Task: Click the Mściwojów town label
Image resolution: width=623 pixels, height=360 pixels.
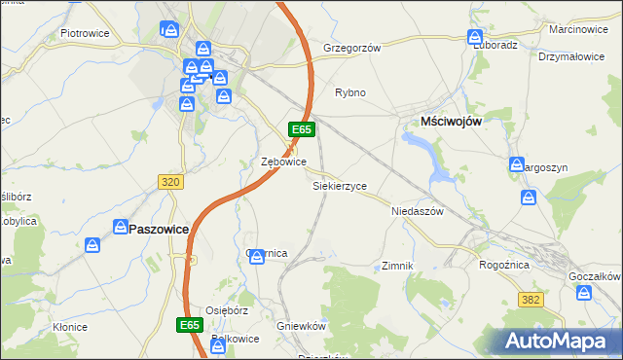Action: tap(452, 120)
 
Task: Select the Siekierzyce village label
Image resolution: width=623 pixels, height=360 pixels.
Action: tap(339, 185)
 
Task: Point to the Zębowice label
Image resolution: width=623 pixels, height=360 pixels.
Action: tap(285, 162)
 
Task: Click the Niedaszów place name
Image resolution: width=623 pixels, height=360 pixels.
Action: tap(417, 211)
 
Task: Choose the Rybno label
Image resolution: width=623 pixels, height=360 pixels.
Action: tap(350, 93)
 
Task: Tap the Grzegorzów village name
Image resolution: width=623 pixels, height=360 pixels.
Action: tap(351, 47)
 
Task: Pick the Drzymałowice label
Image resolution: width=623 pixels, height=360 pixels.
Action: tap(571, 56)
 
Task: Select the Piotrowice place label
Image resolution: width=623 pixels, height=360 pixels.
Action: tap(84, 33)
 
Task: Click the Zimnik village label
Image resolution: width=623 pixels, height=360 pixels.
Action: tap(399, 266)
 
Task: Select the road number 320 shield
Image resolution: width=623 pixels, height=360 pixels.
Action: tap(169, 181)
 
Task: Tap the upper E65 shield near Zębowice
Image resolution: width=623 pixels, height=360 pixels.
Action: tap(301, 128)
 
